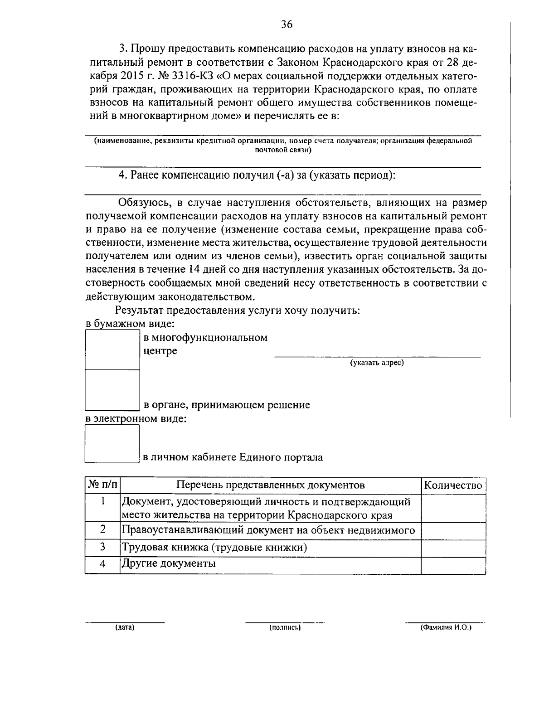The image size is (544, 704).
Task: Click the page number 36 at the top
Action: click(287, 24)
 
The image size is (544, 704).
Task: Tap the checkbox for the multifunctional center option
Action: click(112, 350)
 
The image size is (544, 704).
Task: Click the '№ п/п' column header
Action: click(102, 485)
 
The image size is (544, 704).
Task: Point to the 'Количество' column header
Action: click(453, 485)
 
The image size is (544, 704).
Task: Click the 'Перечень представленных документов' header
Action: click(271, 485)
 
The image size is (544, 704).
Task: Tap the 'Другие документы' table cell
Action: click(168, 564)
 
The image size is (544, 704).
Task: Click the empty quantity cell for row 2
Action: click(453, 530)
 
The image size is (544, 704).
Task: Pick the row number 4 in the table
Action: click(102, 564)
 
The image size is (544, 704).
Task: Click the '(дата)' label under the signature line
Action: click(125, 628)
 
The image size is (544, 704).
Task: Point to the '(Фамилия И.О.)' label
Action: click(446, 628)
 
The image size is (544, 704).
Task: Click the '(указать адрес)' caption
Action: click(376, 363)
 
